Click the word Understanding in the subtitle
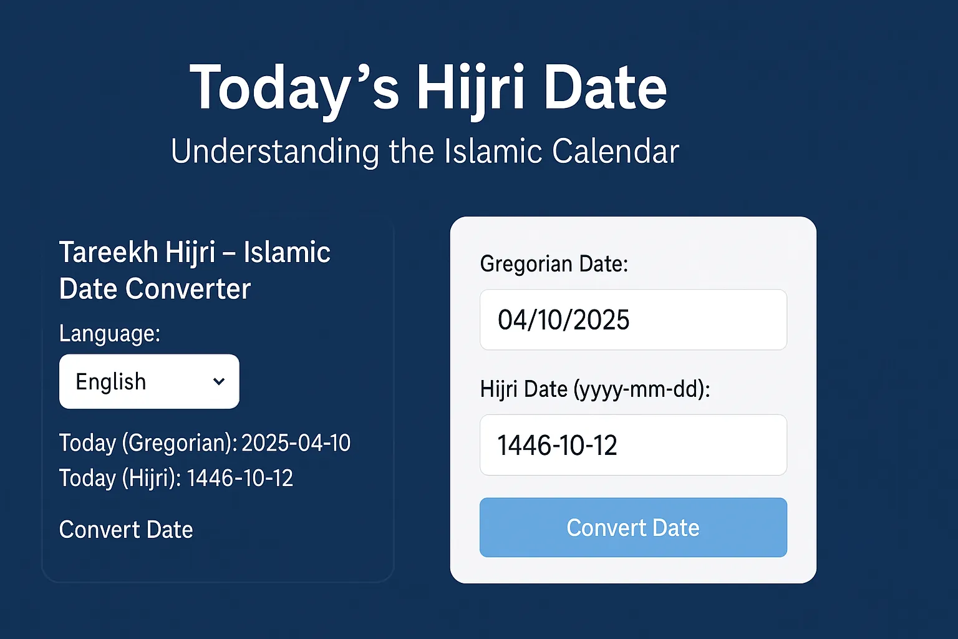(274, 152)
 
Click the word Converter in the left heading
(188, 289)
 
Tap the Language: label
(110, 333)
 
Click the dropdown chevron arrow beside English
(219, 381)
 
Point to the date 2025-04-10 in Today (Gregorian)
(296, 443)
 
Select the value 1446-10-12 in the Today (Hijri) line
(239, 478)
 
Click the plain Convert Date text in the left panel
(126, 530)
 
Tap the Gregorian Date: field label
(554, 264)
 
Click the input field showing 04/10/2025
(633, 319)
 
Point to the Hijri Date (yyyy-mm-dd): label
(595, 389)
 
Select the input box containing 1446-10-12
(633, 445)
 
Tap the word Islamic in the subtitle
(493, 152)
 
